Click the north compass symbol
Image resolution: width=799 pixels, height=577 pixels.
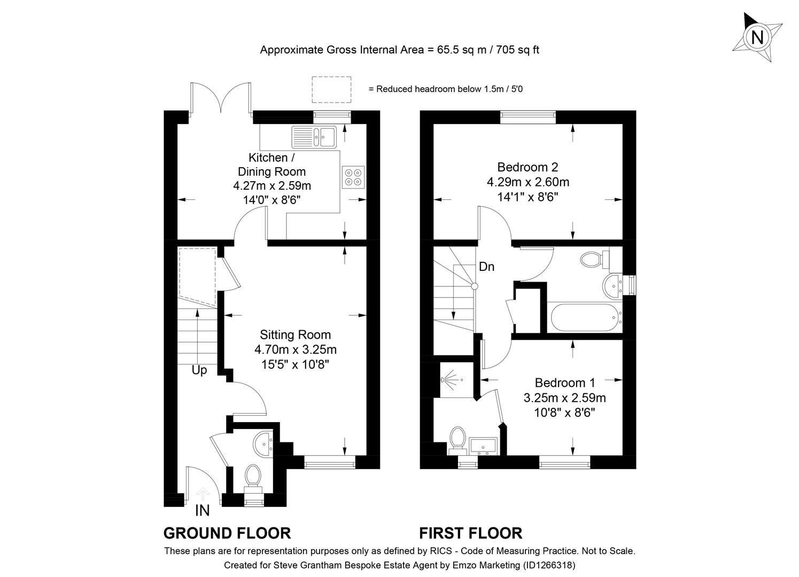[x=757, y=37]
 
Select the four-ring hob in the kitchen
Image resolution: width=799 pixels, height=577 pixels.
[x=353, y=177]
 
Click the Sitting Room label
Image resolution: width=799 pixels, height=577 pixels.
[x=295, y=335]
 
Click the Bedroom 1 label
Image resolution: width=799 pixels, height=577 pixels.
[x=564, y=383]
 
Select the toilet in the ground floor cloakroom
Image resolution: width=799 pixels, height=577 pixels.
[x=252, y=476]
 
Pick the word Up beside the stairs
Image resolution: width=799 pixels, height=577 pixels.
[x=199, y=370]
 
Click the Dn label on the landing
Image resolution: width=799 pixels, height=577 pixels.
[x=486, y=267]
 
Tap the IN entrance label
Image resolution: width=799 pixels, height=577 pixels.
[x=202, y=511]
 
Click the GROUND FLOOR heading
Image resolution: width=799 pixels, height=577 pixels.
[x=227, y=533]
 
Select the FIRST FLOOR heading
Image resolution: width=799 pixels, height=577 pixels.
[x=470, y=533]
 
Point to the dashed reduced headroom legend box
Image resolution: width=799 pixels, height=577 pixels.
[x=331, y=89]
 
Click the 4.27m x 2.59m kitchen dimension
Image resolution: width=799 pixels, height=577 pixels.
[x=271, y=186]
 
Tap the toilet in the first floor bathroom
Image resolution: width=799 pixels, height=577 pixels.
[x=592, y=260]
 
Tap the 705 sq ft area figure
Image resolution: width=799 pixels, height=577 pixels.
[x=518, y=50]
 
